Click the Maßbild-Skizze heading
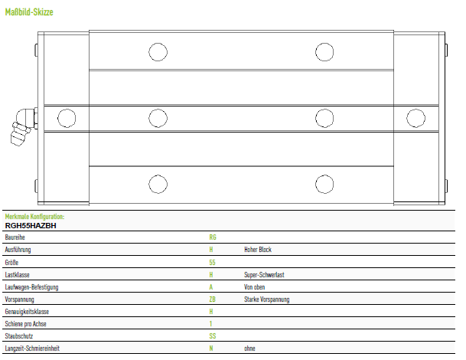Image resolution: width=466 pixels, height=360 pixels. coord(29,12)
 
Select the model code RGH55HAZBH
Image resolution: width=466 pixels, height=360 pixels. coord(31,225)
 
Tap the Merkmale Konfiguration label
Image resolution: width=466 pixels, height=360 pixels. coord(34,216)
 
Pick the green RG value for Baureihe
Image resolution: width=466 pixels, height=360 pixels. coord(213,237)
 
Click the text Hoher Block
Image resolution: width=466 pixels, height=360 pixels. coord(258,250)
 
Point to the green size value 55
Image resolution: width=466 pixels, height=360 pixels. coord(212,262)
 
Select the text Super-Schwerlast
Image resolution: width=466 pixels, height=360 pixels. coord(264,274)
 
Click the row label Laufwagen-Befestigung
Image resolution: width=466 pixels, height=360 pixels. coord(31,286)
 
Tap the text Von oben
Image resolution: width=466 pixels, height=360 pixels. coord(254,286)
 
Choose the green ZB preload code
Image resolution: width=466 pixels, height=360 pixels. coord(212,299)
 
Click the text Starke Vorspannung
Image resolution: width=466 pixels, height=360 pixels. coord(266,299)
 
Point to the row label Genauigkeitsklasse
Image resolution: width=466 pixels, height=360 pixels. coord(27,312)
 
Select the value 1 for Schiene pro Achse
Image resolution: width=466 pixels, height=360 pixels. coord(210,323)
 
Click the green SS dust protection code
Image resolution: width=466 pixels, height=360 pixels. coord(213,336)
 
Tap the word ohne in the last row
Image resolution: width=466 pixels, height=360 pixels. coord(249,348)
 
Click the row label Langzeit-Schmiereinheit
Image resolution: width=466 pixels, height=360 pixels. coord(32,348)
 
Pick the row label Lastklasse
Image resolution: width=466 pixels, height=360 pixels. coord(18,274)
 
